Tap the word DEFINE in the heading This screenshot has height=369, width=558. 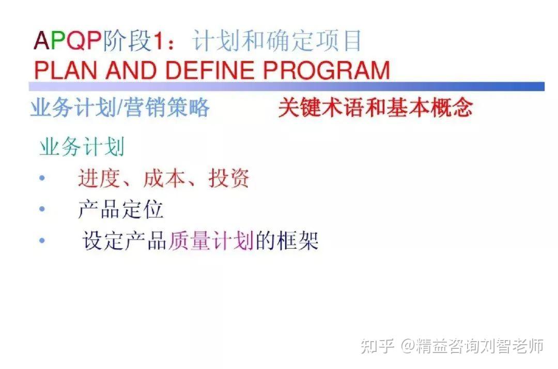210,70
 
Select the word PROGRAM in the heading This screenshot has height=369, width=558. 327,70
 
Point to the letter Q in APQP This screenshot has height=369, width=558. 75,40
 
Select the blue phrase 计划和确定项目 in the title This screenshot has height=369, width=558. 277,40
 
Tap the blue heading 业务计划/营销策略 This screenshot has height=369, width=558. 120,107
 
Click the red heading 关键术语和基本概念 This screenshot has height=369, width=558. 376,107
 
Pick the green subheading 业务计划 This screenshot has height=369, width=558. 82,147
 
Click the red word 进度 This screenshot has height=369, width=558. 99,178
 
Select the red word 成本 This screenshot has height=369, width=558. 164,178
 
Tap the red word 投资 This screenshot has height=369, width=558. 229,178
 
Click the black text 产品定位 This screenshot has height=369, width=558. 120,209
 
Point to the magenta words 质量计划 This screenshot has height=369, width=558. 211,240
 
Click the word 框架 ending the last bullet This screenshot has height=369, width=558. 298,240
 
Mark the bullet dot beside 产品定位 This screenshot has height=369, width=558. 42,209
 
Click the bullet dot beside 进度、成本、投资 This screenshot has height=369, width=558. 42,178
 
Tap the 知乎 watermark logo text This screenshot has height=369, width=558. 377,346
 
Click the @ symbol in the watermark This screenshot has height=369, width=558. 408,346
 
